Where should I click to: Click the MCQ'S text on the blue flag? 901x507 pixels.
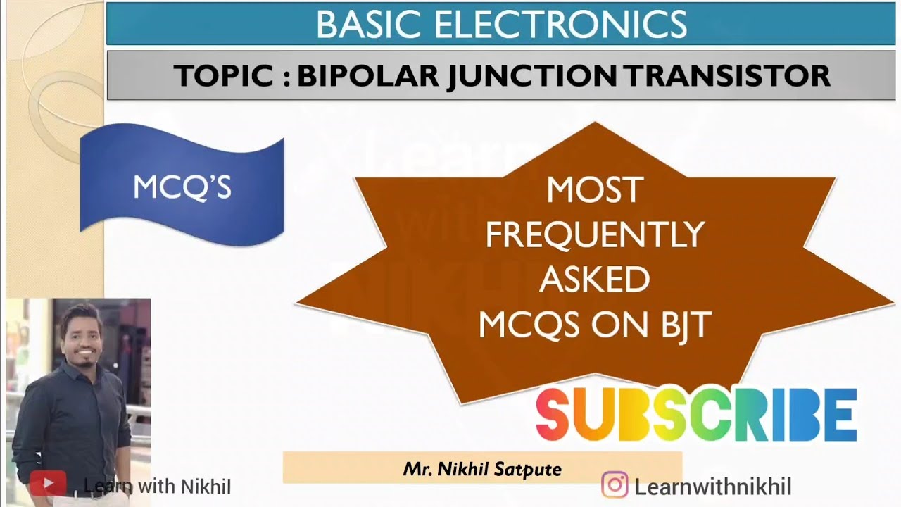(182, 187)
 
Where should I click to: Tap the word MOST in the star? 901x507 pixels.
(594, 190)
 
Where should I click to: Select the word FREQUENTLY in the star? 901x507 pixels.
(594, 234)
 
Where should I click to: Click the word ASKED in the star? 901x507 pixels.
(594, 280)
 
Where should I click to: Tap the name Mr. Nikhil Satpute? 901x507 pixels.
(482, 468)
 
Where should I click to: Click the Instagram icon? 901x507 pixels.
(615, 485)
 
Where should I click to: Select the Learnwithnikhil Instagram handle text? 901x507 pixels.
(712, 487)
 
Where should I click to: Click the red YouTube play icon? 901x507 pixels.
(48, 484)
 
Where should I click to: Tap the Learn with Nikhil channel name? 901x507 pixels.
(157, 486)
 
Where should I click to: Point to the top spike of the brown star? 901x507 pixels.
(596, 125)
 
